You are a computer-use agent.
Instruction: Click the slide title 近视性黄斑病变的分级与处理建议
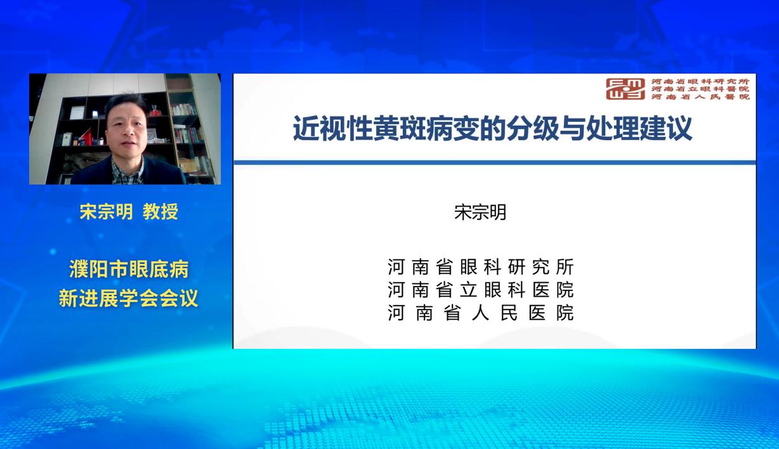click(x=492, y=129)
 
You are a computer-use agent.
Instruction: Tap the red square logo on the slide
click(x=625, y=89)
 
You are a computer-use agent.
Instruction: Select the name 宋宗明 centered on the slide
click(x=480, y=212)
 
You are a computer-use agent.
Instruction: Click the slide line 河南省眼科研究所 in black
click(x=481, y=267)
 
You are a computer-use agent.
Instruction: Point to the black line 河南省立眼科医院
click(x=481, y=290)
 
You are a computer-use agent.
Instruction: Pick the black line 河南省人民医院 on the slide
click(x=481, y=313)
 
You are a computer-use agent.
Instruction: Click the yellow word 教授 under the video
click(x=160, y=211)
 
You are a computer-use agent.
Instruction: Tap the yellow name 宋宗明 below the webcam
click(x=106, y=211)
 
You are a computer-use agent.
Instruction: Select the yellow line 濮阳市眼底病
click(x=129, y=269)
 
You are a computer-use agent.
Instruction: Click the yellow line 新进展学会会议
click(x=129, y=298)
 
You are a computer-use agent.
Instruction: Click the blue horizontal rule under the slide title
click(x=495, y=162)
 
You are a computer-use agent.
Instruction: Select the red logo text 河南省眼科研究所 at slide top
click(x=700, y=81)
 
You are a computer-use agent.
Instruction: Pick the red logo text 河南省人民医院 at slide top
click(x=700, y=96)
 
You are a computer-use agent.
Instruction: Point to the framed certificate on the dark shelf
click(x=77, y=113)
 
